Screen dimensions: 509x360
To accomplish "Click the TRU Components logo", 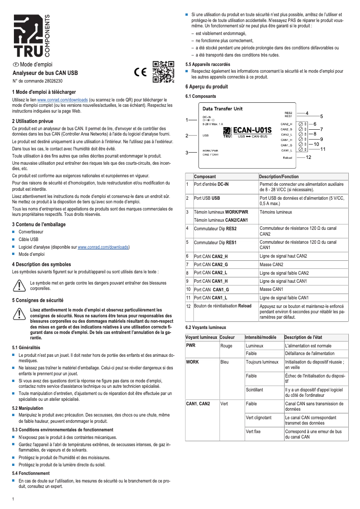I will click(x=31, y=36).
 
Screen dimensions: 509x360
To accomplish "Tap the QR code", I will click(x=163, y=72).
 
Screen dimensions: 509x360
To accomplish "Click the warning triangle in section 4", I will click(x=19, y=285).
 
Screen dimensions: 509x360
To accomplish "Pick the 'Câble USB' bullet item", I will click(x=28, y=239).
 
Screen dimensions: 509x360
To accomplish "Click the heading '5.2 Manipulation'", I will click(x=28, y=408).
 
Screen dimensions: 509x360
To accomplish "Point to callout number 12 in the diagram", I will click(x=308, y=158).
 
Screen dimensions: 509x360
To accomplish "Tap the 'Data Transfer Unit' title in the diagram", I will click(x=223, y=109).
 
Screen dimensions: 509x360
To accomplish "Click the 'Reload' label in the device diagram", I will click(x=288, y=158).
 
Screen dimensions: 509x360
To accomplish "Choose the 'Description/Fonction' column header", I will click(x=279, y=177).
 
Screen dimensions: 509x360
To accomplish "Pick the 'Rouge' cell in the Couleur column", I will click(x=227, y=346).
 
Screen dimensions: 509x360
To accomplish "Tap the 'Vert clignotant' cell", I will click(x=259, y=417).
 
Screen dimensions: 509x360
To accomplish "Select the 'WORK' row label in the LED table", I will click(x=193, y=361).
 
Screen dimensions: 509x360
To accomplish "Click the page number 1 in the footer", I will click(x=13, y=499).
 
